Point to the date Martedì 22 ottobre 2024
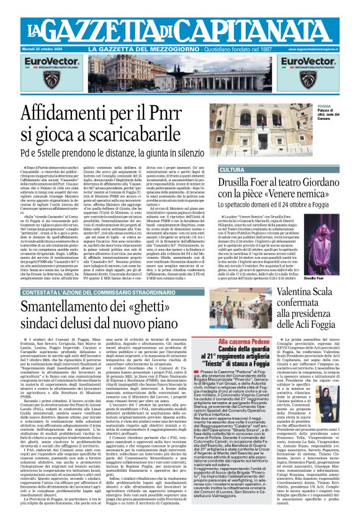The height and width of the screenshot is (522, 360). pyautogui.click(x=55, y=48)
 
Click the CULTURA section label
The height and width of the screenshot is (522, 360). pyautogui.click(x=232, y=169)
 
